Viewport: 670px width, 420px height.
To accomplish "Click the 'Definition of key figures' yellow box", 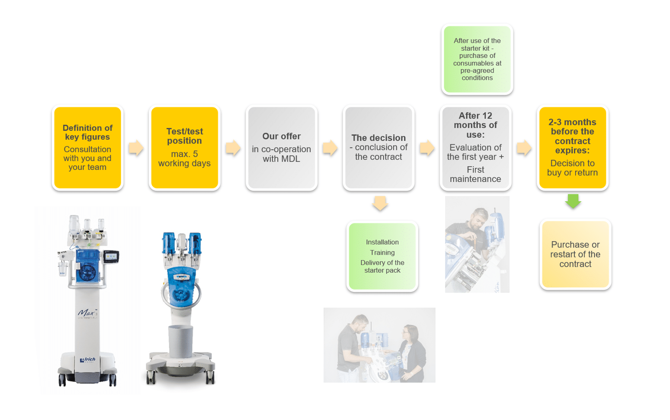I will pyautogui.click(x=87, y=147).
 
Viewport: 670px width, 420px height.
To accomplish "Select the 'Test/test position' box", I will pyautogui.click(x=184, y=147).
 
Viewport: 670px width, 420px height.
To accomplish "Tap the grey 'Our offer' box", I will pyautogui.click(x=281, y=147).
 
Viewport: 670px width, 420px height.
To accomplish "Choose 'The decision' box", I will pyautogui.click(x=379, y=147).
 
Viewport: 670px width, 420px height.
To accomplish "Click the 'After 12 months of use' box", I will pyautogui.click(x=475, y=147).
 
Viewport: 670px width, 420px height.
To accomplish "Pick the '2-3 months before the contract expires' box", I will pyautogui.click(x=572, y=147).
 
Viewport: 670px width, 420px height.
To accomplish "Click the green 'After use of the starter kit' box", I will pyautogui.click(x=477, y=59).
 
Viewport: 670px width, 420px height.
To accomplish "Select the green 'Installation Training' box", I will pyautogui.click(x=382, y=256).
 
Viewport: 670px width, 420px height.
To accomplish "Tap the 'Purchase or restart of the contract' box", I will pyautogui.click(x=575, y=254).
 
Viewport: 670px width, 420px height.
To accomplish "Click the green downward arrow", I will pyautogui.click(x=573, y=201).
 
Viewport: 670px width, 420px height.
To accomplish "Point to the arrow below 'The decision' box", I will pyautogui.click(x=380, y=203).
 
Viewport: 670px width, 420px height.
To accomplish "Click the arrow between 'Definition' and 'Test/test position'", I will pyautogui.click(x=136, y=148).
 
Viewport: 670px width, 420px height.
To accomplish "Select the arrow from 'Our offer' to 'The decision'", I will pyautogui.click(x=330, y=148).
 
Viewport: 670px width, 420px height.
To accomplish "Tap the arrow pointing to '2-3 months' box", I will pyautogui.click(x=524, y=148).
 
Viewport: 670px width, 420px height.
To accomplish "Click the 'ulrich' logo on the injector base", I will pyautogui.click(x=87, y=360).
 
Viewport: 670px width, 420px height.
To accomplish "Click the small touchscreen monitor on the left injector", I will pyautogui.click(x=111, y=257).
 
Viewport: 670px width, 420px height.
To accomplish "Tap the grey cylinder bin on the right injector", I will pyautogui.click(x=181, y=341).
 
